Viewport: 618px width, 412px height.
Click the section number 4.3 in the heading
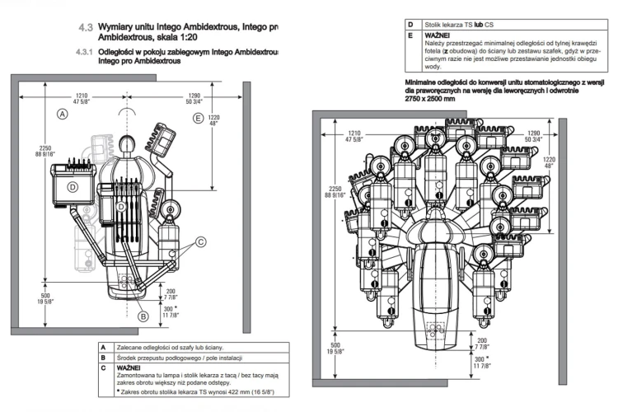[x=86, y=27]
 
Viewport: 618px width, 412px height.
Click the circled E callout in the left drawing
[x=198, y=119]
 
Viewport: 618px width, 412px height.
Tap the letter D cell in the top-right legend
[x=410, y=25]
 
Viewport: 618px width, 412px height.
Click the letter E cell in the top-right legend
[x=410, y=37]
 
